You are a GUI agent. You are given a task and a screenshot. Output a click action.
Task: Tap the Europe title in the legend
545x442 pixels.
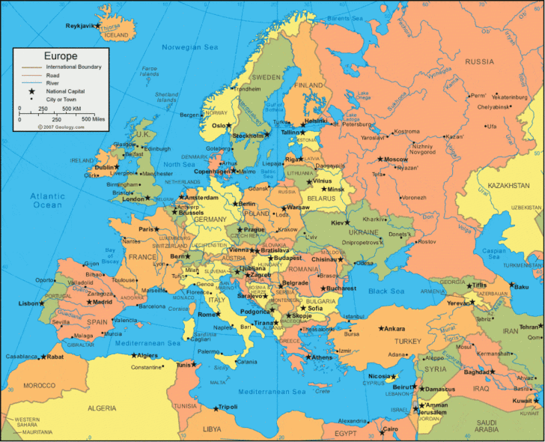[61, 55]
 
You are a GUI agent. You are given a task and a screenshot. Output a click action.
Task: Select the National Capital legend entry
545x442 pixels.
[66, 90]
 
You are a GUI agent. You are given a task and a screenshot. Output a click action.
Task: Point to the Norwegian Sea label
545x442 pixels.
[192, 47]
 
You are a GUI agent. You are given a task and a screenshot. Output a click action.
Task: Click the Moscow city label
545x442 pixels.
[396, 160]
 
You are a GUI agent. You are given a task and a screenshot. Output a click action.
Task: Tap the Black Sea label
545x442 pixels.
[386, 291]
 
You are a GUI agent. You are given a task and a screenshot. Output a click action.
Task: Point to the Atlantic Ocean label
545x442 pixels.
[47, 200]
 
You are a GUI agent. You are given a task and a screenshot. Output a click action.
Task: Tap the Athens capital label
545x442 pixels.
[322, 357]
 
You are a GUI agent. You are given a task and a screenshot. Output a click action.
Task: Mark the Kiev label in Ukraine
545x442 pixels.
[340, 222]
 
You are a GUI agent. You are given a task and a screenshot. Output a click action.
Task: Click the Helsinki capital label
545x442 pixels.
[316, 121]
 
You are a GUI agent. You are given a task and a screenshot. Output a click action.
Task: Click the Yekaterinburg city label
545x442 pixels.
[510, 97]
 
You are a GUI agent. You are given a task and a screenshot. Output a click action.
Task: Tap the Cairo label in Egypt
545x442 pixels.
[390, 429]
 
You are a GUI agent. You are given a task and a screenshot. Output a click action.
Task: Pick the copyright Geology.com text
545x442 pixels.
[61, 127]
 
